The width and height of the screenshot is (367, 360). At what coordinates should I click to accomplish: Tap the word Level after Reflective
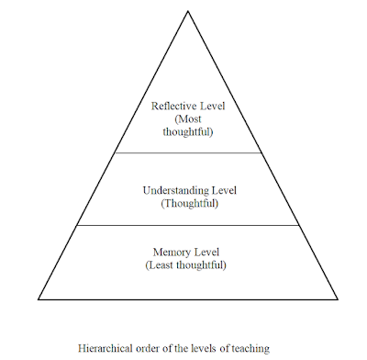(x=210, y=105)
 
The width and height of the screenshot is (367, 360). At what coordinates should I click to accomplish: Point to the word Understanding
(x=171, y=189)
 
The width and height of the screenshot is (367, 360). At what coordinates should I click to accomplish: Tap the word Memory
(x=168, y=251)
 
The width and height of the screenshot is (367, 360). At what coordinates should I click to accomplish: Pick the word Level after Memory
(x=206, y=251)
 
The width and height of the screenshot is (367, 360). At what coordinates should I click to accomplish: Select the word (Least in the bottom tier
(x=161, y=264)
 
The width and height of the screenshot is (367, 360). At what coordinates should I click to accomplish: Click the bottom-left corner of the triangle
(x=39, y=299)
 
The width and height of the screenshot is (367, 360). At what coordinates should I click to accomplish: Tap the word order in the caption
(x=152, y=347)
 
